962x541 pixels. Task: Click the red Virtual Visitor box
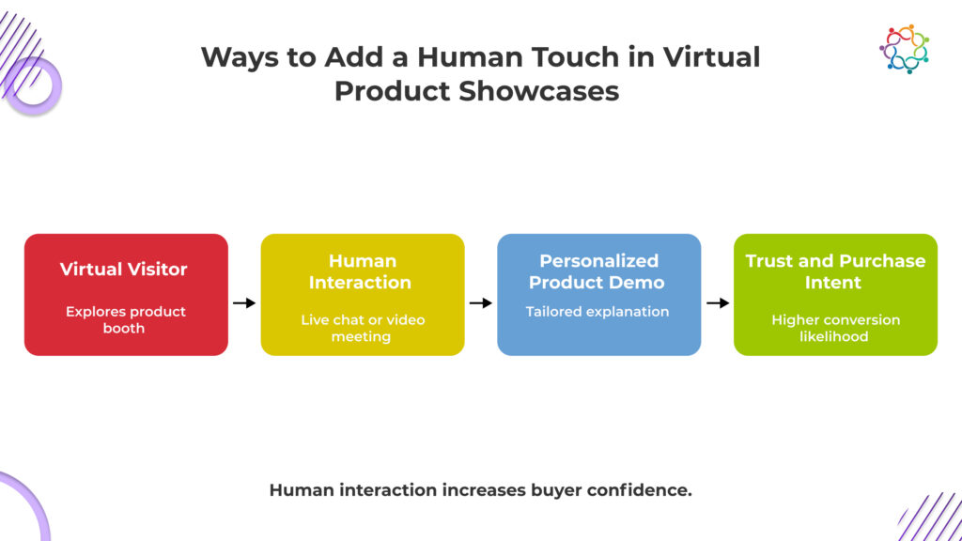(126, 294)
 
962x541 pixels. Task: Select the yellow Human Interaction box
(363, 294)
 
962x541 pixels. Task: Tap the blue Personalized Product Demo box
(598, 294)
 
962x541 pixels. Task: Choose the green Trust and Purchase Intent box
(835, 294)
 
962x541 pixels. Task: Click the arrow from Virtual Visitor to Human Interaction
(244, 302)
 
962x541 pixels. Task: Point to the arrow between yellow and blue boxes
(481, 302)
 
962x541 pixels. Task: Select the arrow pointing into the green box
(718, 302)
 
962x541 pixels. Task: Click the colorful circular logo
(905, 49)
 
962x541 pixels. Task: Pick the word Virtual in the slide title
(711, 57)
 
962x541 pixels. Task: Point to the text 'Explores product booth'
(125, 319)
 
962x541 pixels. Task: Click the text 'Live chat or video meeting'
(363, 328)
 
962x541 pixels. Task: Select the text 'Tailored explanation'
(597, 312)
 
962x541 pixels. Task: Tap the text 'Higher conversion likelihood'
(835, 328)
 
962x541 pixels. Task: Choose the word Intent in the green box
(833, 282)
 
